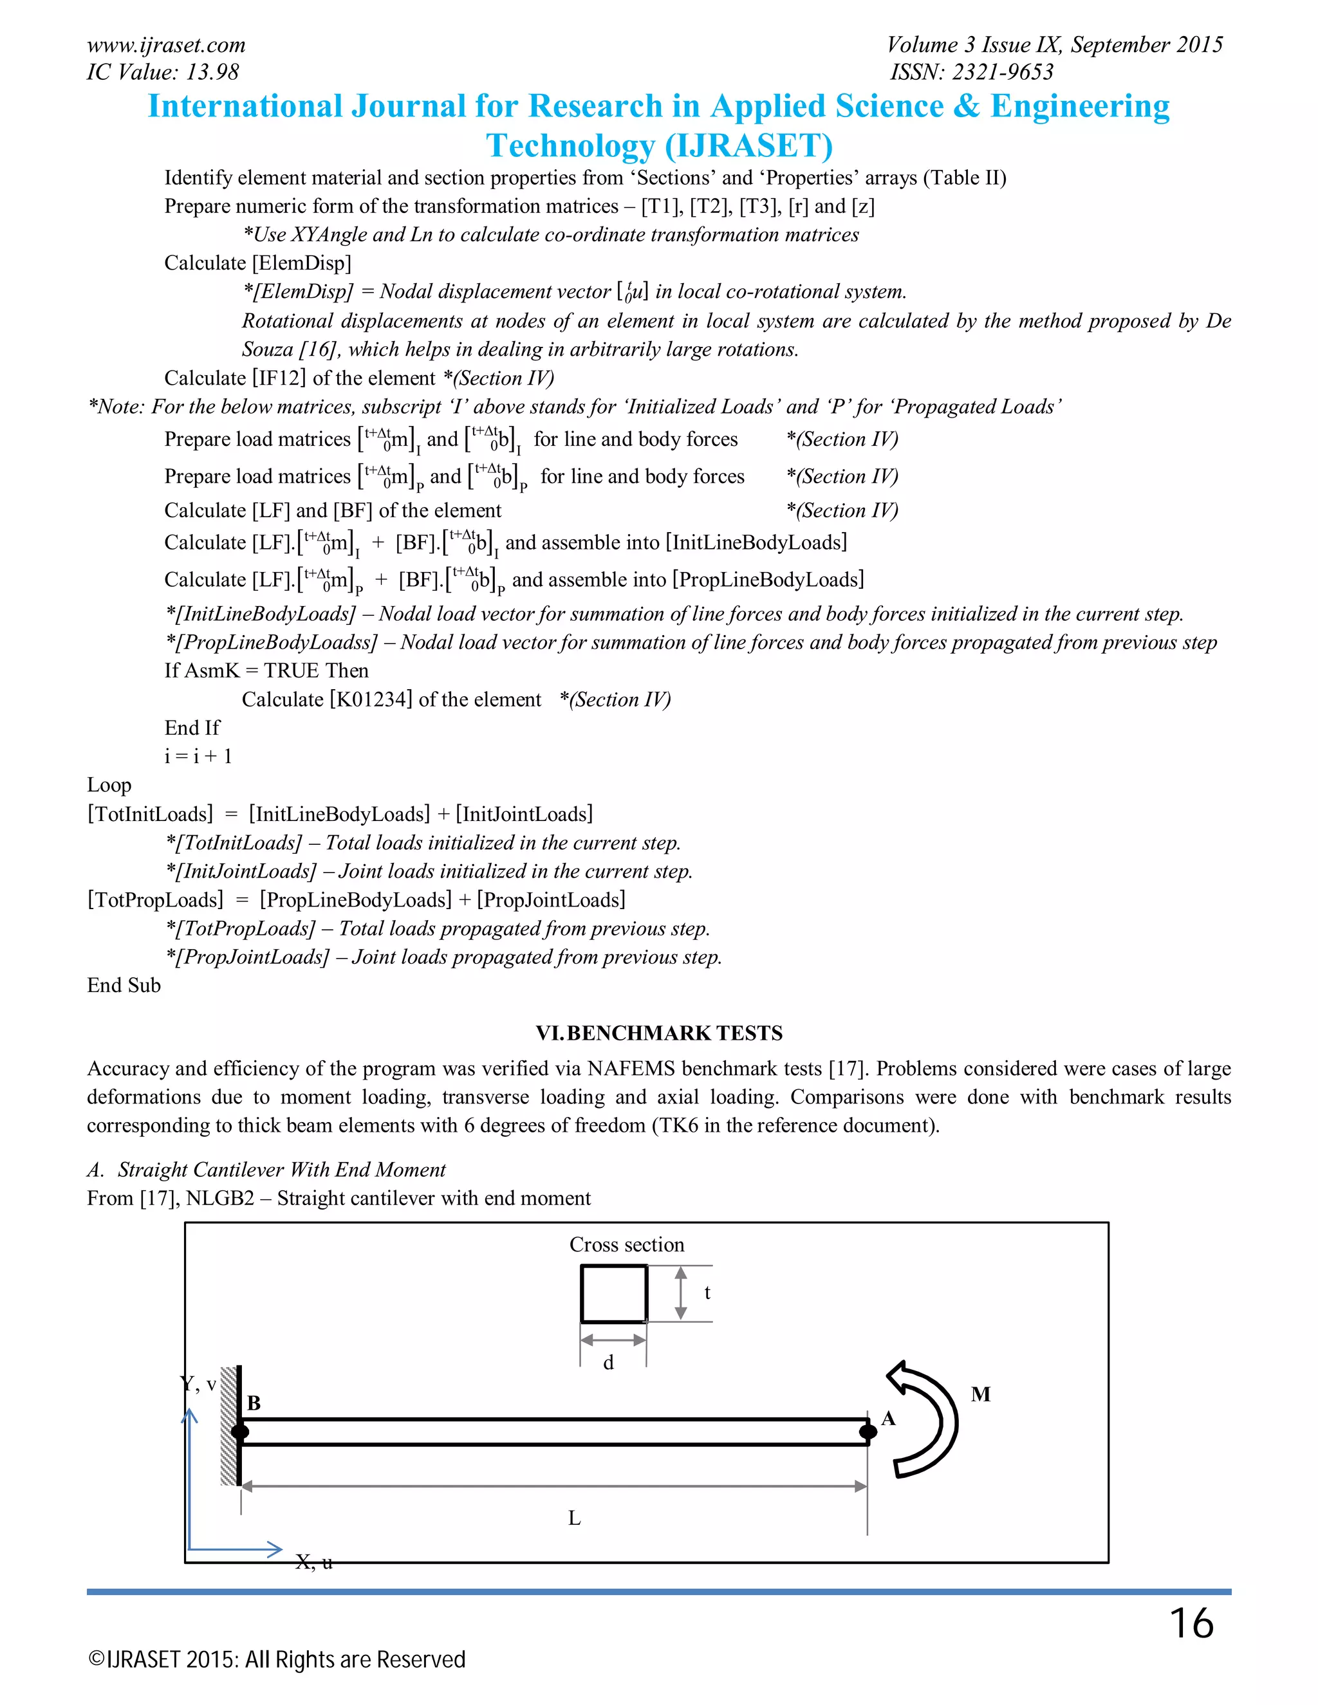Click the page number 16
tap(1191, 1624)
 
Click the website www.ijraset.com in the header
tap(165, 44)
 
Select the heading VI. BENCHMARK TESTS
tap(658, 1033)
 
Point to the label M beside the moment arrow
tap(981, 1394)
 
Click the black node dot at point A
tap(868, 1432)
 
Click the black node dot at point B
tap(239, 1432)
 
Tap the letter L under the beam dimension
tap(574, 1518)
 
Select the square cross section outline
tap(614, 1294)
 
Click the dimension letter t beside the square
tap(707, 1293)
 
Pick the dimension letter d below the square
tap(608, 1362)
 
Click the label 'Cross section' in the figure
tap(626, 1244)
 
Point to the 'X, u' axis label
tap(314, 1562)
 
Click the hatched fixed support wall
tap(228, 1426)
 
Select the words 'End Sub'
tap(124, 985)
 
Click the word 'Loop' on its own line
tap(109, 784)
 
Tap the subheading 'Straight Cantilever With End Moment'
tap(281, 1170)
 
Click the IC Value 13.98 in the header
tap(162, 72)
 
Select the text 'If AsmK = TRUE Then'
tap(266, 670)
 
